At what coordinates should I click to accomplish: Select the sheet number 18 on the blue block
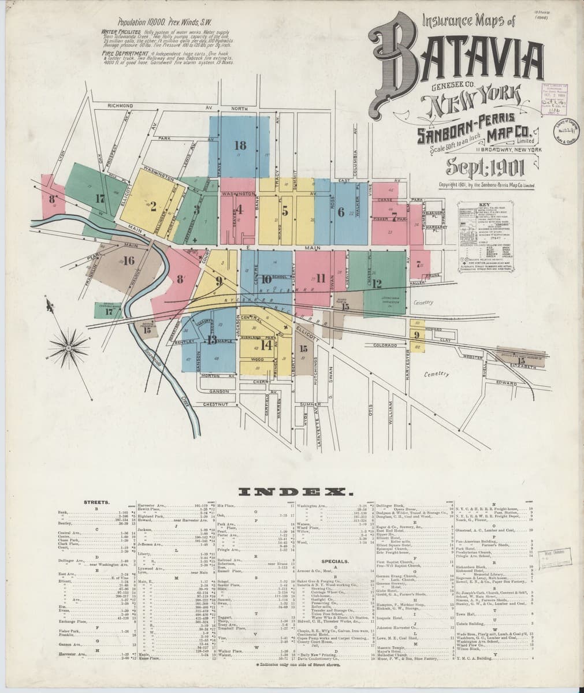tap(240, 146)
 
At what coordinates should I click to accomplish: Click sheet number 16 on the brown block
tap(128, 261)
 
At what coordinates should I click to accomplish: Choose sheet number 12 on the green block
tap(377, 283)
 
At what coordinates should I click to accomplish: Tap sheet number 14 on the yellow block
tap(266, 345)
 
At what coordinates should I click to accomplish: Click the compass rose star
tap(69, 348)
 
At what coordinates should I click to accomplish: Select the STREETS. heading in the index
tap(96, 503)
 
